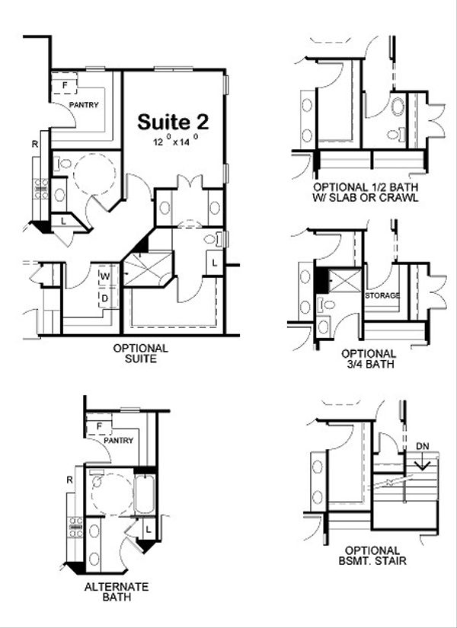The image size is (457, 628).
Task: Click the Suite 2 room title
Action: click(x=173, y=122)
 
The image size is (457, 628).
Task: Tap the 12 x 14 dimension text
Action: click(x=174, y=141)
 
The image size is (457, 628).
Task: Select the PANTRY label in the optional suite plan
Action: click(x=84, y=105)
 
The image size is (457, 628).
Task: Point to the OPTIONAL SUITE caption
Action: click(x=140, y=353)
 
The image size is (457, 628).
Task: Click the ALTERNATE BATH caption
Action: click(x=116, y=591)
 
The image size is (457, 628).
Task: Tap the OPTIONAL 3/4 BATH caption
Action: click(x=369, y=359)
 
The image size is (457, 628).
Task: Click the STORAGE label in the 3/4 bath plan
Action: click(x=382, y=295)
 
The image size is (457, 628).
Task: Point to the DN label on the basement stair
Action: click(x=423, y=446)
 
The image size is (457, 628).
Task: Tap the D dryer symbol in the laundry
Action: click(x=104, y=298)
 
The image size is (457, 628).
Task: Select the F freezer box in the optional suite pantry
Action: click(x=65, y=84)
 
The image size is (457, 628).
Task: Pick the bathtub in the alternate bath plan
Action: click(x=145, y=493)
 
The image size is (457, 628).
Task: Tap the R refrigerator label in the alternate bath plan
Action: click(x=69, y=480)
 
